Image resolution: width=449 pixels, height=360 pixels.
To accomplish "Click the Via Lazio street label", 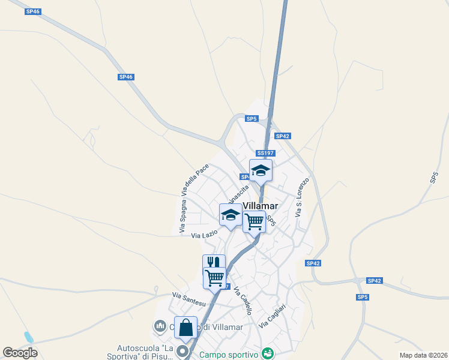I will click(x=204, y=235).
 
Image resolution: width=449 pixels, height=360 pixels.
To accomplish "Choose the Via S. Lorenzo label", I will click(x=302, y=197).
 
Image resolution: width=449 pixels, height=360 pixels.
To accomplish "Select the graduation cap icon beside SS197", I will click(x=261, y=170).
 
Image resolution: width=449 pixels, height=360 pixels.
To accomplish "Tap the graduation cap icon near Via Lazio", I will click(x=231, y=215).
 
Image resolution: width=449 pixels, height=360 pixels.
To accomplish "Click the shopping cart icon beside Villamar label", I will click(x=254, y=221).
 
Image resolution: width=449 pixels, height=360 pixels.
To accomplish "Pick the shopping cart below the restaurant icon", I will click(x=214, y=278).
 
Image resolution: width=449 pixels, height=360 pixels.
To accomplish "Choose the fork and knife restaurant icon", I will click(x=214, y=263).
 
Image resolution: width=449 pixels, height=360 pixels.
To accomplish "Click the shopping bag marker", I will click(x=186, y=328).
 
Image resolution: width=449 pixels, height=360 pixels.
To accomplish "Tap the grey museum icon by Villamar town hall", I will click(x=160, y=326).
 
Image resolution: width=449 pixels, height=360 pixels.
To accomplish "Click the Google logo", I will click(x=20, y=353).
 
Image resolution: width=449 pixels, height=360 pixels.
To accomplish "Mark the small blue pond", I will click(x=28, y=337).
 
